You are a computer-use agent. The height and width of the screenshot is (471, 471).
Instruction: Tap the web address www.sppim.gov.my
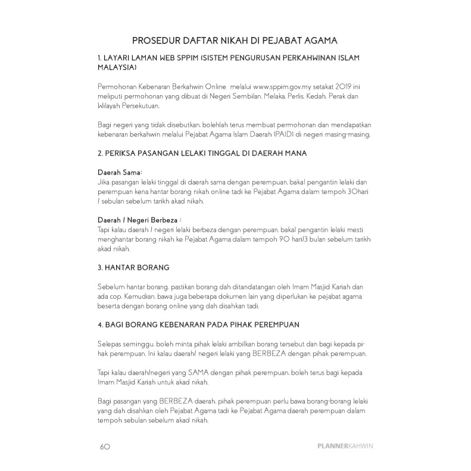[280, 87]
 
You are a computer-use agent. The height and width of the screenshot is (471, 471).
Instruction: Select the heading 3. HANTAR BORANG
[133, 268]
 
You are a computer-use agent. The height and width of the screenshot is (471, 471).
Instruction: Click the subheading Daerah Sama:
[116, 172]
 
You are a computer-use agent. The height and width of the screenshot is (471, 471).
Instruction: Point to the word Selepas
[110, 344]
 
